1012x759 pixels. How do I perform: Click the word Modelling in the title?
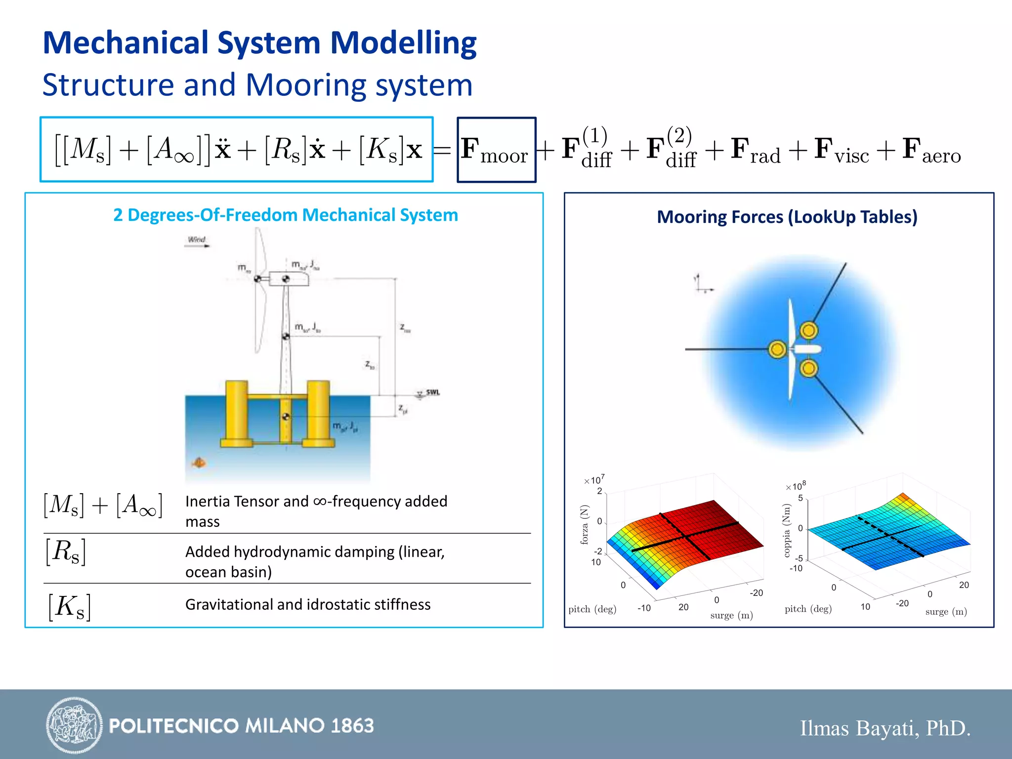tap(403, 43)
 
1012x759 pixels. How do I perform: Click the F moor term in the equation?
tap(495, 150)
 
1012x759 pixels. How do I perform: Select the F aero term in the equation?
tap(931, 150)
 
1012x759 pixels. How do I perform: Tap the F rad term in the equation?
tap(756, 150)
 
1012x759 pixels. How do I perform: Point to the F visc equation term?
tap(841, 150)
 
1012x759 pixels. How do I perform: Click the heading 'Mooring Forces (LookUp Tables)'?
tap(787, 217)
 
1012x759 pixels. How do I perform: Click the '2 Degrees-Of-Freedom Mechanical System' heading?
tap(286, 215)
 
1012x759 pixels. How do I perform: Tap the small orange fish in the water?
tap(199, 463)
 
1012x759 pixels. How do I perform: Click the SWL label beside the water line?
tap(432, 392)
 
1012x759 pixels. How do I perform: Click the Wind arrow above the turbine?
tap(197, 242)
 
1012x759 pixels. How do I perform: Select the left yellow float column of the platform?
tap(237, 413)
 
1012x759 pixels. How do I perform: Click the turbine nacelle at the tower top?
tap(289, 279)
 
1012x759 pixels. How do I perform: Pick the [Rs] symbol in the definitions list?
tap(66, 551)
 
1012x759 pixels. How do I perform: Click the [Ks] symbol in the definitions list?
tap(69, 606)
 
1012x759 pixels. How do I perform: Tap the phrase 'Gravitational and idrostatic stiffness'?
tap(307, 605)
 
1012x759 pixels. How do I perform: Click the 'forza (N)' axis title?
tap(585, 525)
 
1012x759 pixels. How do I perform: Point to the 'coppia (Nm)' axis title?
tap(787, 530)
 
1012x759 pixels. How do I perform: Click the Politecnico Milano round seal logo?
tap(74, 725)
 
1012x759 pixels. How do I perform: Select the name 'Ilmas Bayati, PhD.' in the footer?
tap(885, 728)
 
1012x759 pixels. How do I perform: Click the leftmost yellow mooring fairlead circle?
tap(777, 349)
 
